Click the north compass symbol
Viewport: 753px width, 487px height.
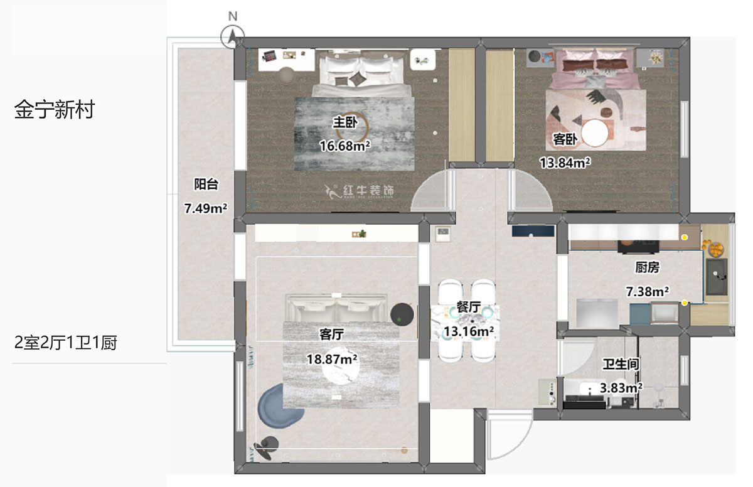(233, 37)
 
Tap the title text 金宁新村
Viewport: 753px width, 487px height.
(54, 110)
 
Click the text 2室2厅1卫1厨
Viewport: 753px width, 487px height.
(66, 343)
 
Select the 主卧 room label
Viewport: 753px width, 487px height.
(344, 122)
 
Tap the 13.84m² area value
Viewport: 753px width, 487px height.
(565, 163)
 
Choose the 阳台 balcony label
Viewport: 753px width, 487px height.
(206, 185)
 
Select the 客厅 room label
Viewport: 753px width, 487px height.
(331, 334)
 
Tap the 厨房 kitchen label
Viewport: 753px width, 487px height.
(647, 267)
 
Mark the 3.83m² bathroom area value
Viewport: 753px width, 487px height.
(621, 388)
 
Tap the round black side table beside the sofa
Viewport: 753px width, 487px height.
(402, 314)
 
